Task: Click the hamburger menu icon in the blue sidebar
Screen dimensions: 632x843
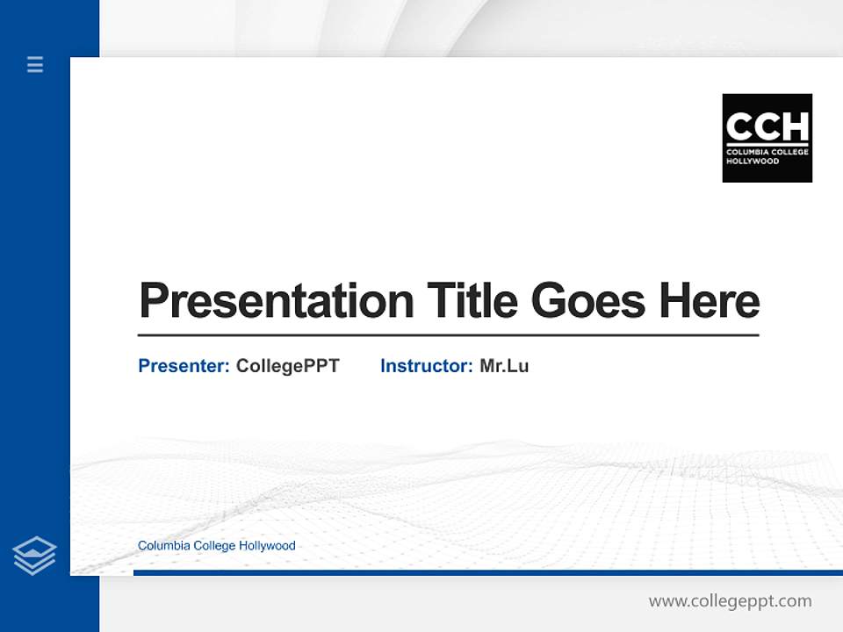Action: (35, 64)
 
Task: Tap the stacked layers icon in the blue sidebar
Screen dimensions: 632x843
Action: (34, 556)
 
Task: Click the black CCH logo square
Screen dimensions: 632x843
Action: (767, 138)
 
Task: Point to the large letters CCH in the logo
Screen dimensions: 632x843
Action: (767, 126)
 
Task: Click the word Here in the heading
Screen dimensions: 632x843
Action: (709, 301)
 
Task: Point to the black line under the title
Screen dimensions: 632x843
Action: (448, 334)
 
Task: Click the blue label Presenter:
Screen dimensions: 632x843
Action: (184, 366)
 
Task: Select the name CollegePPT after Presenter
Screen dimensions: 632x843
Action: (287, 366)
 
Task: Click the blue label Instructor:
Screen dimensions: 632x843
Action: (426, 366)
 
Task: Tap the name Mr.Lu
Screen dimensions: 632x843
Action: (504, 366)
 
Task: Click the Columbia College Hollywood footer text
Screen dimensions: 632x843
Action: (216, 546)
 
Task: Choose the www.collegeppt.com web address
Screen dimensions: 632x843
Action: (730, 601)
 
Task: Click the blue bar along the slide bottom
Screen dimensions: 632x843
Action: (487, 572)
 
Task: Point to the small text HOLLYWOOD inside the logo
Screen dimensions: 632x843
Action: (753, 162)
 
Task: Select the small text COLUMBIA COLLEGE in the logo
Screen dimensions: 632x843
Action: (767, 153)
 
